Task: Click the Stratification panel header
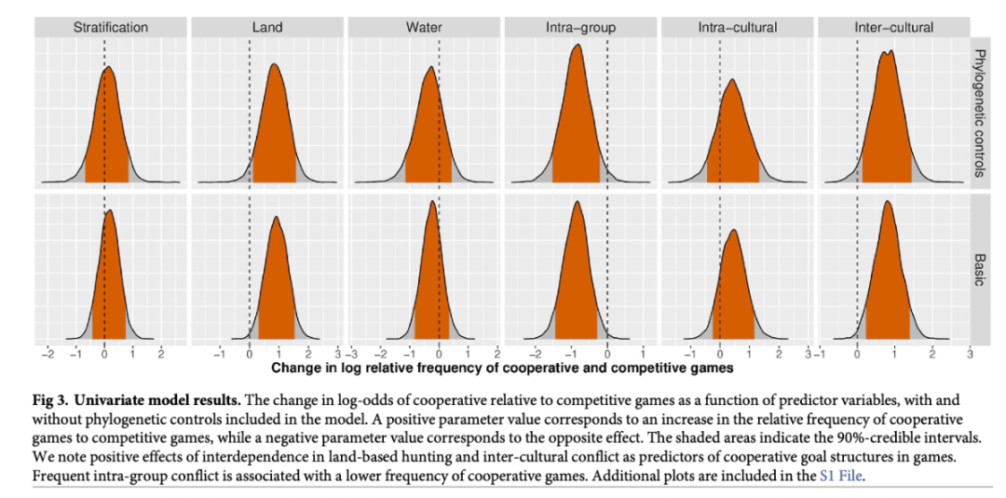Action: click(x=111, y=28)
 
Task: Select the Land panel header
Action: click(x=267, y=28)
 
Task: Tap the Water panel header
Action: click(x=424, y=28)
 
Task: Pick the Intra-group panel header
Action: click(x=580, y=28)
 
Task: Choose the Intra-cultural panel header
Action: click(x=737, y=28)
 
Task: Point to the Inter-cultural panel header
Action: click(x=893, y=28)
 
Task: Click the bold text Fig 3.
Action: click(x=54, y=400)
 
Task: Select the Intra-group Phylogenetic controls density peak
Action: click(x=576, y=46)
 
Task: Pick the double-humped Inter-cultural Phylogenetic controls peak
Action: click(x=888, y=52)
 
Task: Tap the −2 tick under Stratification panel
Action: click(x=48, y=355)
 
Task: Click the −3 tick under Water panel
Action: click(x=350, y=355)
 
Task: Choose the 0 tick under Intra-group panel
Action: click(x=607, y=355)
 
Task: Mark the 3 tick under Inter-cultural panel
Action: click(x=970, y=355)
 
